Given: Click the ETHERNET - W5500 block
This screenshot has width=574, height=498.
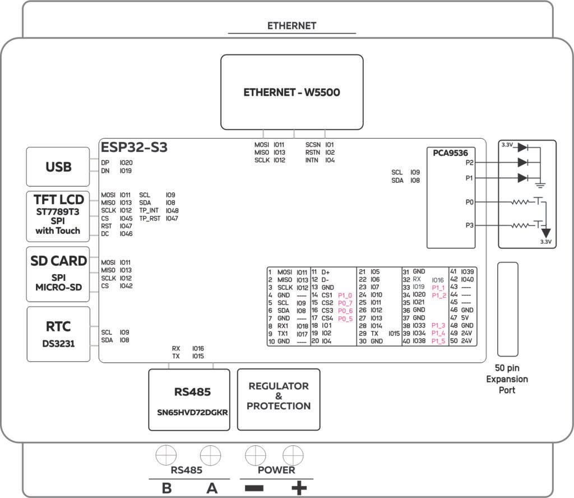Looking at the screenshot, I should point(291,93).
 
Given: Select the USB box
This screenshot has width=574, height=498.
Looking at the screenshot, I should point(58,167).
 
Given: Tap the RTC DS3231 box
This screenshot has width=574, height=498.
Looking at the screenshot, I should point(58,334).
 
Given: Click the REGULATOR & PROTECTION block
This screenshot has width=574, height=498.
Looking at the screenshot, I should point(279,399).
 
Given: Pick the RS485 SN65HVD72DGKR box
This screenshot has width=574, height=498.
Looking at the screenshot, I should point(189,399).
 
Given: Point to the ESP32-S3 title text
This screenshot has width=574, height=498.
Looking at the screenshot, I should point(134,148).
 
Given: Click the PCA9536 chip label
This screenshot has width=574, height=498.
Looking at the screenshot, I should point(450,152).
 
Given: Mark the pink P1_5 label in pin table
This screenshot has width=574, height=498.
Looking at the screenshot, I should point(438,341).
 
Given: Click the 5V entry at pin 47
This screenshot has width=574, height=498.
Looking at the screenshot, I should point(465,317).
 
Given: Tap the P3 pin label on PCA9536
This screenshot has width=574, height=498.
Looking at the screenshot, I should point(470,225).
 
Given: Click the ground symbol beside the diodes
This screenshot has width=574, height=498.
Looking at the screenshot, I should point(540,183).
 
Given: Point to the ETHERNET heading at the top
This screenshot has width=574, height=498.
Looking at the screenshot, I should point(291,26).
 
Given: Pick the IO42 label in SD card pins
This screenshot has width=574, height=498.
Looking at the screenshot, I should point(126,286).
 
